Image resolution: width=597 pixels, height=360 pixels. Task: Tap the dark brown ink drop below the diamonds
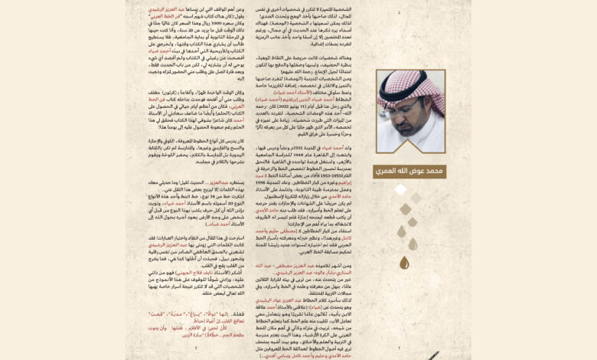click(x=404, y=263)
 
